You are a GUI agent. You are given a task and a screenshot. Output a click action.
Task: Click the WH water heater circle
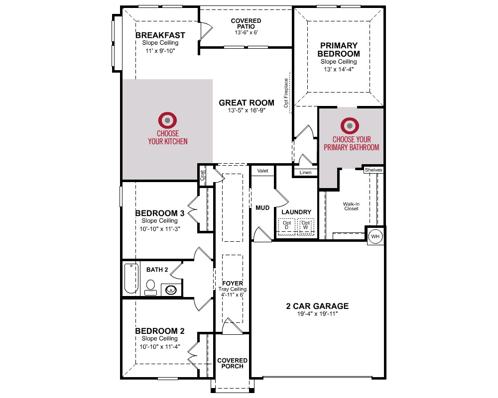pos(375,236)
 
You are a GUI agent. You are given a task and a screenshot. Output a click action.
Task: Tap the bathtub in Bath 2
pos(131,278)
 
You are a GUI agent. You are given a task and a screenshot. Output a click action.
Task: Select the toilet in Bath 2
pos(150,287)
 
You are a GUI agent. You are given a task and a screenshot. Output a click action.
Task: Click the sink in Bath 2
pos(171,290)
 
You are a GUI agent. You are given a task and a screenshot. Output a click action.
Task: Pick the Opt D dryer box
pos(287,226)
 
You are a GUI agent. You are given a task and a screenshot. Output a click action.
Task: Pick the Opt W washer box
pos(306,226)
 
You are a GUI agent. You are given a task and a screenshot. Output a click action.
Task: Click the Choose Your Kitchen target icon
pos(167,120)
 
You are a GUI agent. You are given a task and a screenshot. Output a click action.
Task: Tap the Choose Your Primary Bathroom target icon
pos(350,126)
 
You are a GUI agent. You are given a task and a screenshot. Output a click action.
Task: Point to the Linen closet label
pos(306,172)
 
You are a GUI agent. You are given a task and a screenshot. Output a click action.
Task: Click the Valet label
pos(262,171)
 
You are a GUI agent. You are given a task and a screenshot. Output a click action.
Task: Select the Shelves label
pos(373,170)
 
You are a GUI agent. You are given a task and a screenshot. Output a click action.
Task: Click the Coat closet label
pos(202,176)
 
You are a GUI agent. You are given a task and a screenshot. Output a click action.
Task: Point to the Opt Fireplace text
pos(286,93)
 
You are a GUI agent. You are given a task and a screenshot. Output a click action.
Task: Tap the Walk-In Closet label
pos(351,206)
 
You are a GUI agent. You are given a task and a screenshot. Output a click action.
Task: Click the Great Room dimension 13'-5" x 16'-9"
pos(247,110)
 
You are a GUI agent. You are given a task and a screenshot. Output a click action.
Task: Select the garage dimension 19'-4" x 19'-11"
pos(317,314)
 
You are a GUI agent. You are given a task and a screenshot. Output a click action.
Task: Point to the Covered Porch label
pos(232,363)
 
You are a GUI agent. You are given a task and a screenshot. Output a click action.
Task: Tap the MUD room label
pos(262,208)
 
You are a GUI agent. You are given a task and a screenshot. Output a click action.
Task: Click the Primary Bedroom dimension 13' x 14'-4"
pos(339,70)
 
